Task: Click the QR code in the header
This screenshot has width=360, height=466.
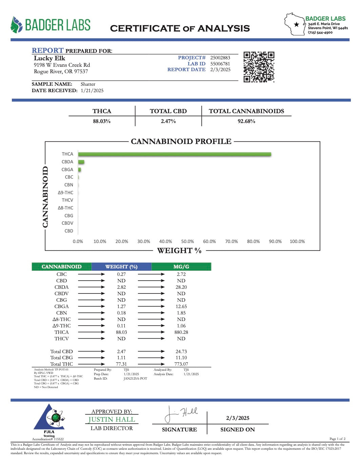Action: coord(259,67)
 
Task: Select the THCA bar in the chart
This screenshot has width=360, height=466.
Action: coord(174,154)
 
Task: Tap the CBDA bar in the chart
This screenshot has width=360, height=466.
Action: coord(81,162)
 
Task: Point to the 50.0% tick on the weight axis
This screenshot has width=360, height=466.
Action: coord(187,242)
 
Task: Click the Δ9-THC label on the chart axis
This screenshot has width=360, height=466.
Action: coord(65,193)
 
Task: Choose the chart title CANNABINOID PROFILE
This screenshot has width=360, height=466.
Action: coord(181,141)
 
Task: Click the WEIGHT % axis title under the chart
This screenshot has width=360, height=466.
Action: coord(179,251)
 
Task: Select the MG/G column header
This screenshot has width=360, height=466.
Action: coord(181,267)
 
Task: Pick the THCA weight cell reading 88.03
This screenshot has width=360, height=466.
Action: coord(121,332)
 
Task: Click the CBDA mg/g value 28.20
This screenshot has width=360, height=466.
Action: coord(181,287)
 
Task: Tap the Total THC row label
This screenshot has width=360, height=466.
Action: coord(61,364)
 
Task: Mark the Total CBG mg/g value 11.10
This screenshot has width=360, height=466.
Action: coord(181,358)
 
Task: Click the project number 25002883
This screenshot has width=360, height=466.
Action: coord(220,58)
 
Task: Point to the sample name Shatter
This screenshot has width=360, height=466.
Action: coord(88,84)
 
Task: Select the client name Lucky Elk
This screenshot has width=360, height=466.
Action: coord(49,58)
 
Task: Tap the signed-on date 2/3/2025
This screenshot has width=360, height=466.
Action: coord(238,418)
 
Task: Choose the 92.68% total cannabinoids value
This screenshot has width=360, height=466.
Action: coord(246,121)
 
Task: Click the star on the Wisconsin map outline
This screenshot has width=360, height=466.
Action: coord(297,24)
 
